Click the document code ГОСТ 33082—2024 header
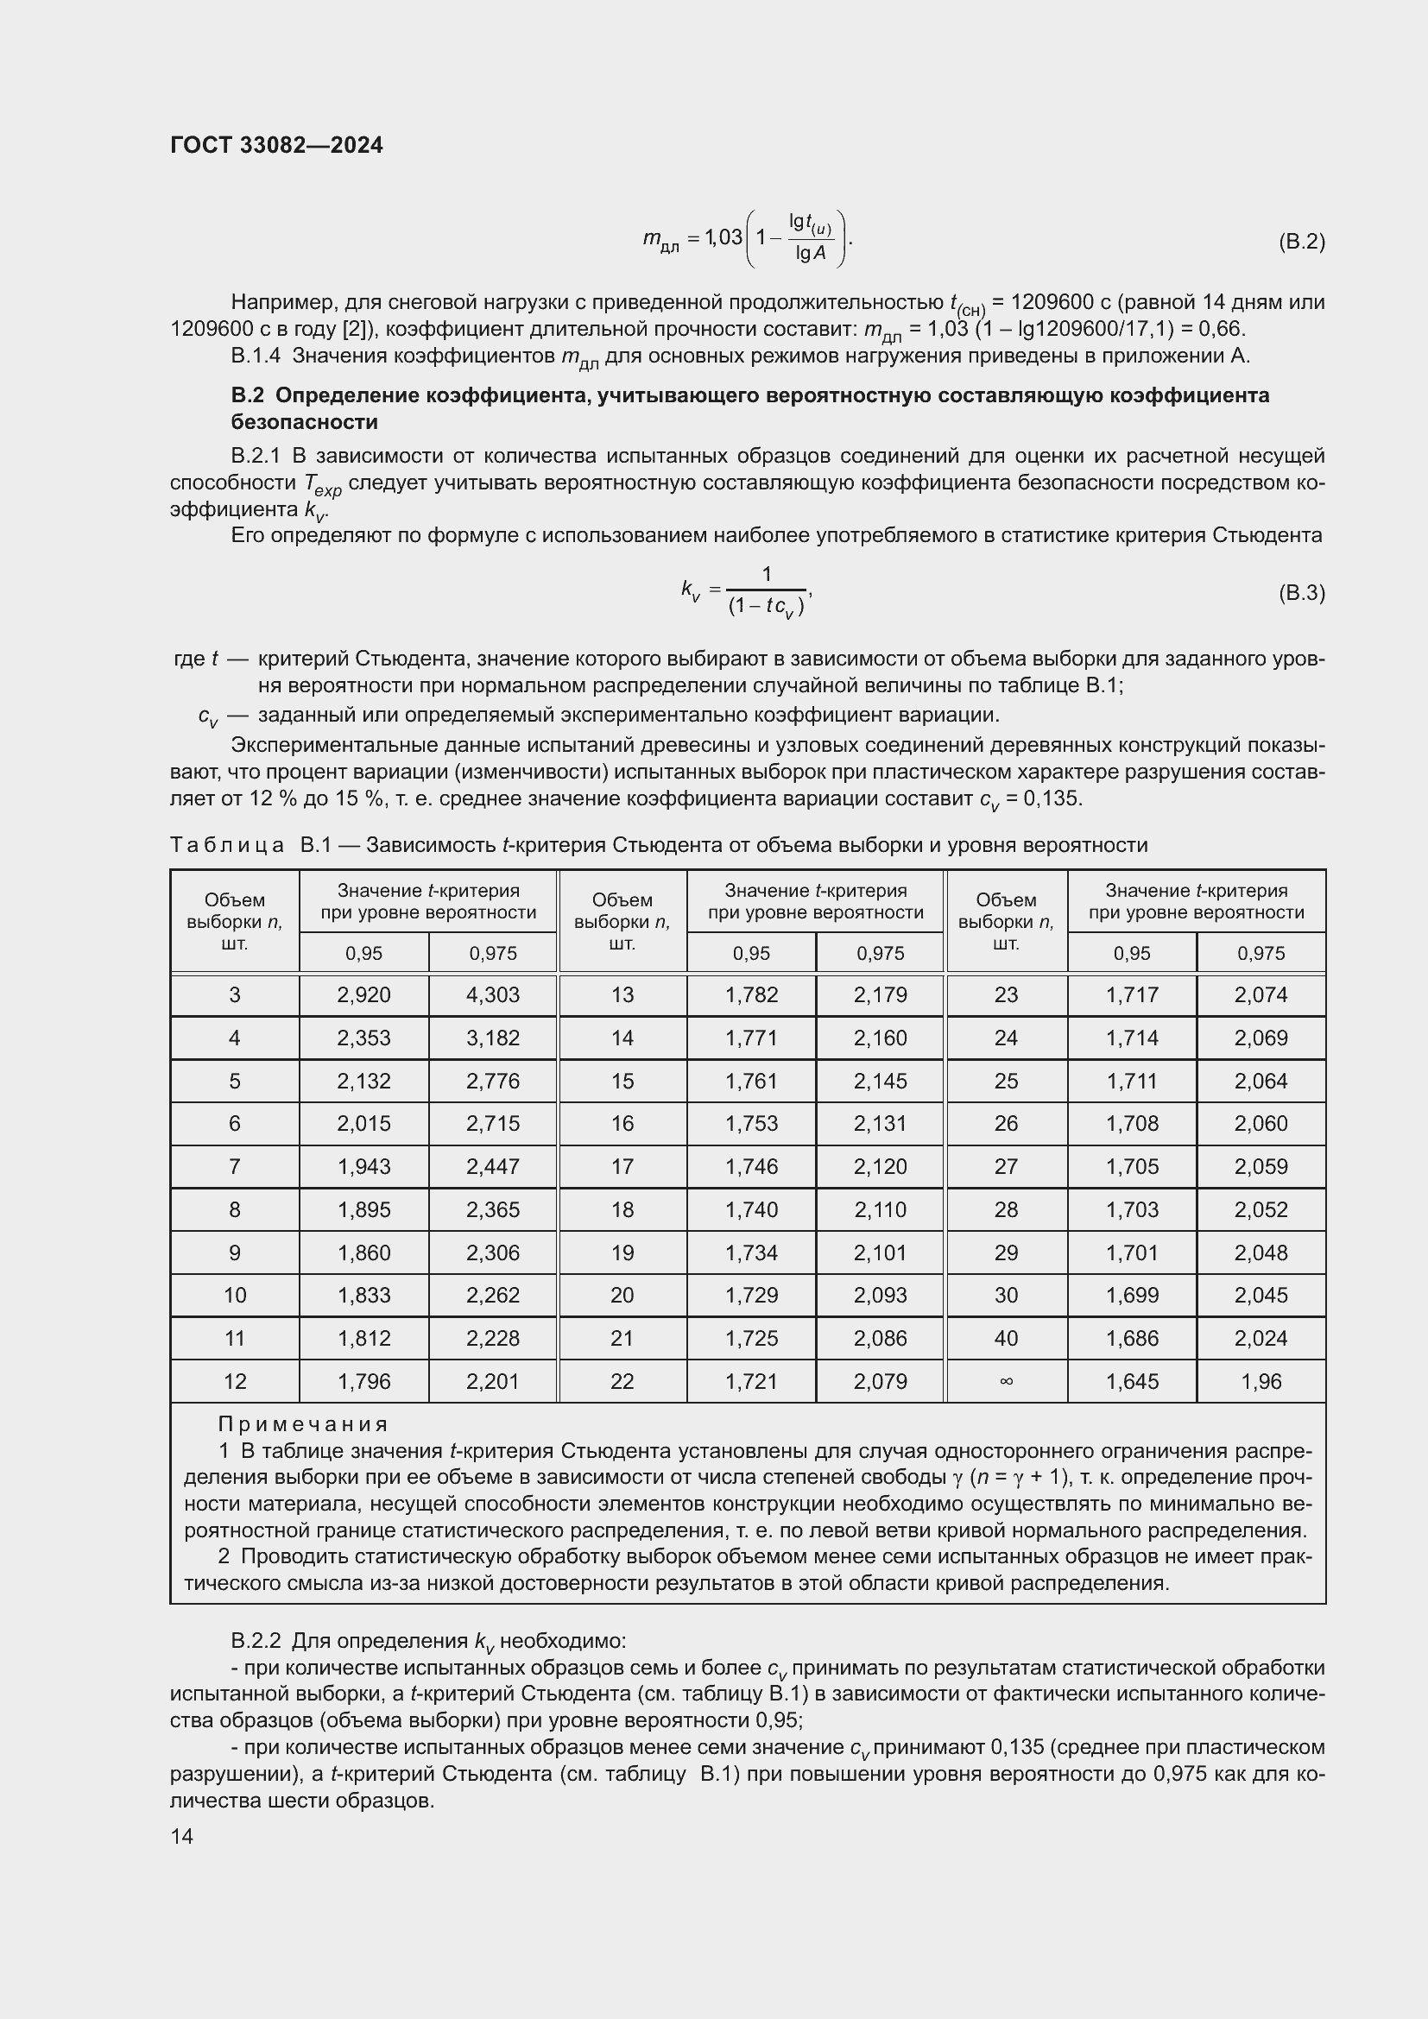[276, 145]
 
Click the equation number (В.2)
[1300, 242]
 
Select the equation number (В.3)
[1300, 593]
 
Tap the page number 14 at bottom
[182, 1836]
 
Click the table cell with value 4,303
[492, 994]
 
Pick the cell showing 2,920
[363, 994]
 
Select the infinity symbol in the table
[1006, 1381]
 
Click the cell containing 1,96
[1261, 1381]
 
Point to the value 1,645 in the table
[1132, 1381]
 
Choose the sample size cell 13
[622, 994]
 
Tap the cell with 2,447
[492, 1166]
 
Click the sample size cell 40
[1006, 1339]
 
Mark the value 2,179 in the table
[879, 994]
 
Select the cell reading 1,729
[751, 1296]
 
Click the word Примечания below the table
[302, 1423]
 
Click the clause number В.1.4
[255, 356]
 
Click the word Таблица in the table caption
[227, 845]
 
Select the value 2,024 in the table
[1261, 1339]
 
